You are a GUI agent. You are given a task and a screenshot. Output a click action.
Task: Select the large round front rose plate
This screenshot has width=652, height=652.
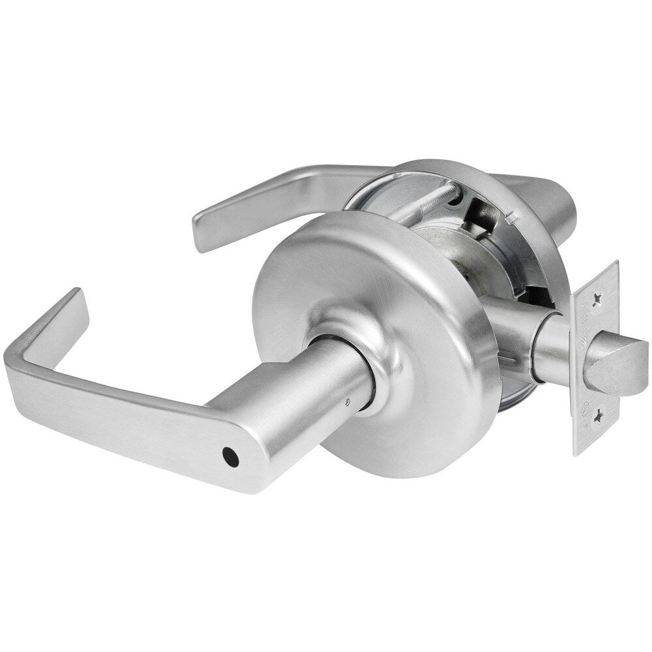[x=391, y=326]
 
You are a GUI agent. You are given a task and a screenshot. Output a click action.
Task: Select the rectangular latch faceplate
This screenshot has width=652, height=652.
[x=597, y=352]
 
